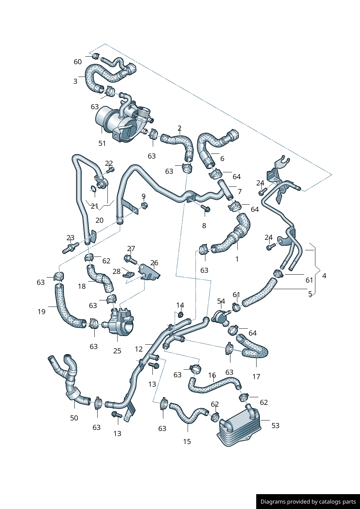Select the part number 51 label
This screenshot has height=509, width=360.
(102, 144)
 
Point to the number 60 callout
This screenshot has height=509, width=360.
(78, 62)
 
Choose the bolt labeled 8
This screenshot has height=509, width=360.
(206, 209)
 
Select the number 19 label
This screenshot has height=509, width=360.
(42, 312)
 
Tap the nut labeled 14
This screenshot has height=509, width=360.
(181, 314)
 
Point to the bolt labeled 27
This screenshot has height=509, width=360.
(130, 259)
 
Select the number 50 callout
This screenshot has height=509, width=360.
(74, 418)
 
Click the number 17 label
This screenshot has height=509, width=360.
(256, 377)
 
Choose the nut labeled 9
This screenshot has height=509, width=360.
(144, 206)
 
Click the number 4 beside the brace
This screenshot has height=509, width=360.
(324, 276)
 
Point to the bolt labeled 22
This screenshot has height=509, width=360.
(110, 169)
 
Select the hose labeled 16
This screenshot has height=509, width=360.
(214, 385)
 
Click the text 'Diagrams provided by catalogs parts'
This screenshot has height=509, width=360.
(308, 502)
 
